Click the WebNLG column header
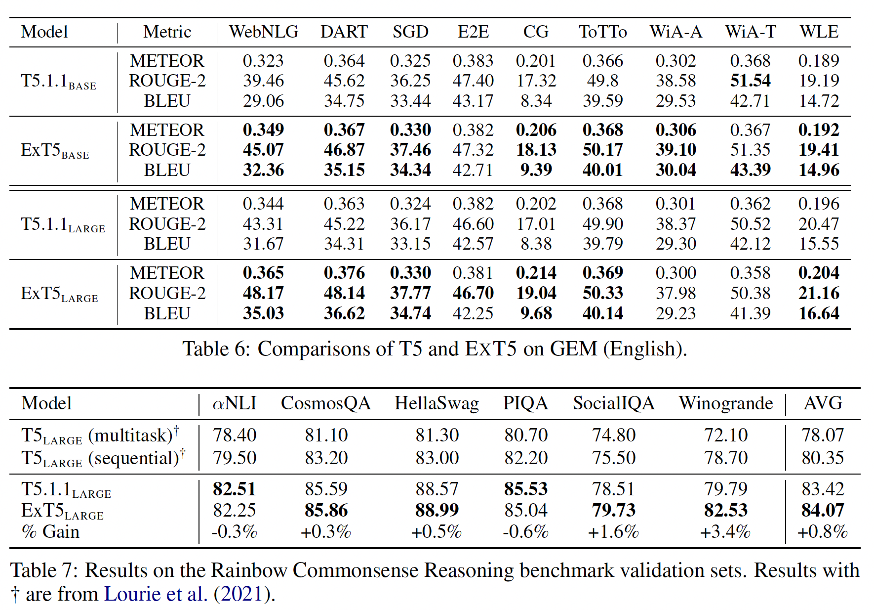tap(263, 32)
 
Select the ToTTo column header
tap(602, 32)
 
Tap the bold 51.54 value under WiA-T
tap(750, 81)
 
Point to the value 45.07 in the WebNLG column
tap(263, 150)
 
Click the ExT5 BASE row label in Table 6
tap(55, 150)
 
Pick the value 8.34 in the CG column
tap(536, 101)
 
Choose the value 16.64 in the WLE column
tap(819, 313)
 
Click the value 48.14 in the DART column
tap(344, 293)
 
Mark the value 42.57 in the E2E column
tap(473, 244)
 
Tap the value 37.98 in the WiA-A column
tap(675, 293)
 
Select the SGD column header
tap(410, 32)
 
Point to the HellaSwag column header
tap(437, 403)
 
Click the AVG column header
tap(823, 403)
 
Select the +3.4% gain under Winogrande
tap(725, 532)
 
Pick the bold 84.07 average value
tap(823, 510)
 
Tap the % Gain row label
tap(50, 532)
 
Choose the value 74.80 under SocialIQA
tap(614, 436)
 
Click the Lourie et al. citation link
tap(156, 594)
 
